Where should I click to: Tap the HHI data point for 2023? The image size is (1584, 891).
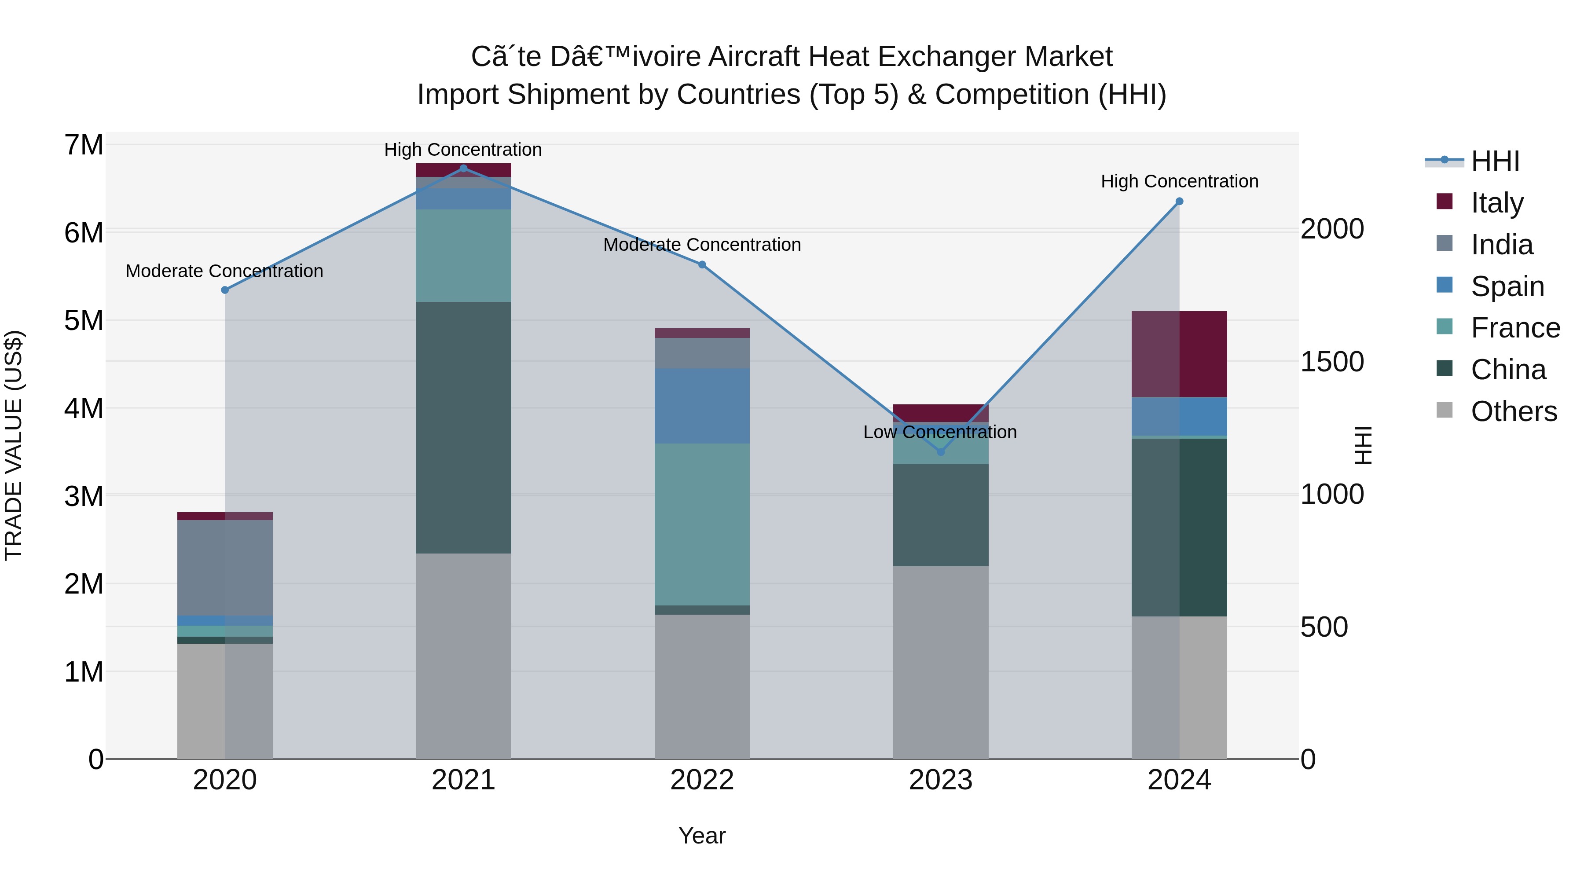(940, 452)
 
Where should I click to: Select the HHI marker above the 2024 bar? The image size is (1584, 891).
(1179, 202)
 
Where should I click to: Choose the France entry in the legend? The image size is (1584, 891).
(1514, 328)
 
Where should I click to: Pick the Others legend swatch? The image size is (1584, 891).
(1445, 410)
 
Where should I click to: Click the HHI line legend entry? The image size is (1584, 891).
(1494, 161)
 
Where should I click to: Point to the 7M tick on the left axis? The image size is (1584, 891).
(84, 146)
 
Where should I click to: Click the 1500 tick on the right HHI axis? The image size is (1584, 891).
(1332, 362)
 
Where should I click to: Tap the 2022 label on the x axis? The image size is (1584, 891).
(702, 780)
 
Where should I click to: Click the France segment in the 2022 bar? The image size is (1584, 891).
(702, 524)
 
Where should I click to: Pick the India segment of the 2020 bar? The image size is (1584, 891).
(224, 568)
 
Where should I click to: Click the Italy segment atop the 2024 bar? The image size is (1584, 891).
(1179, 354)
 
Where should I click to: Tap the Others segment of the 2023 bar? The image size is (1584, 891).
(940, 662)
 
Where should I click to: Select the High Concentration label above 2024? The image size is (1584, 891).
(1179, 181)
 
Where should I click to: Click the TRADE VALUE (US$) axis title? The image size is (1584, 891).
(14, 445)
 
